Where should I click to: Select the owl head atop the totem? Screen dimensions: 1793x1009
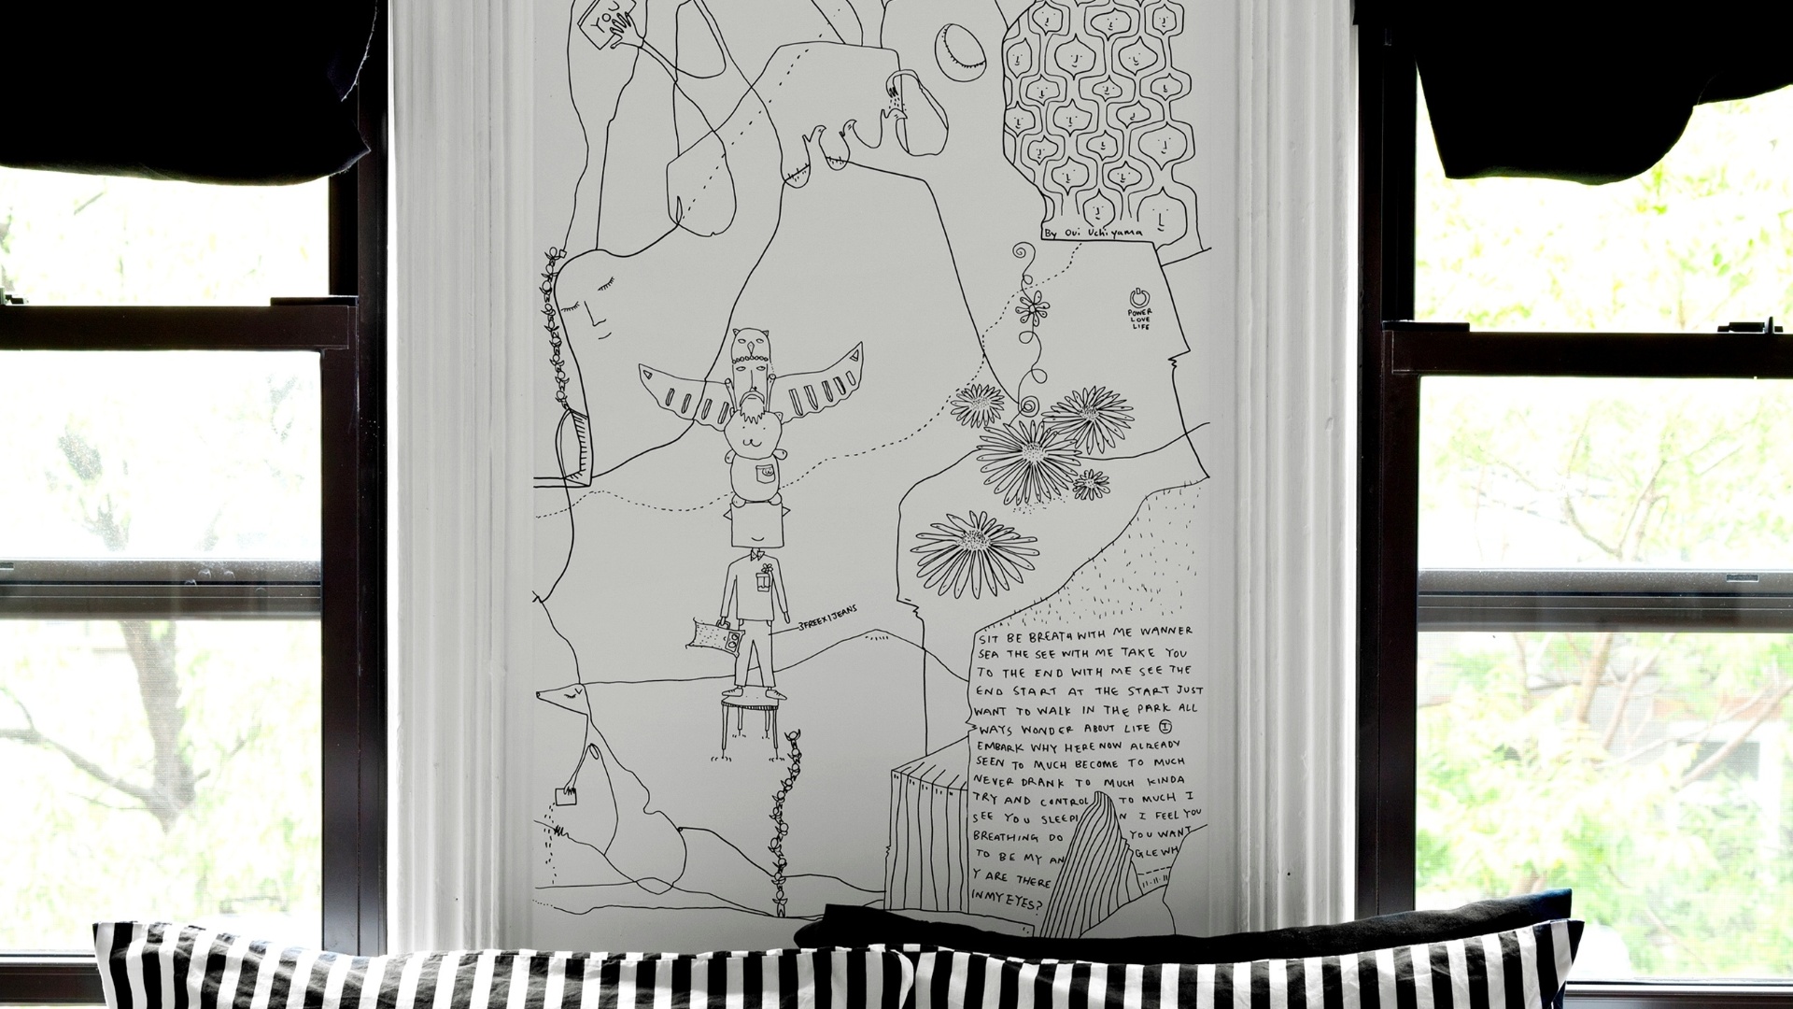(747, 343)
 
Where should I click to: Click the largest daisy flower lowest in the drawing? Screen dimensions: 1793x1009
(976, 553)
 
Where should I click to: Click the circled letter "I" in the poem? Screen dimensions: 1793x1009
(1164, 726)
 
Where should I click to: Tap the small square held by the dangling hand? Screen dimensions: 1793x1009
(566, 796)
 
